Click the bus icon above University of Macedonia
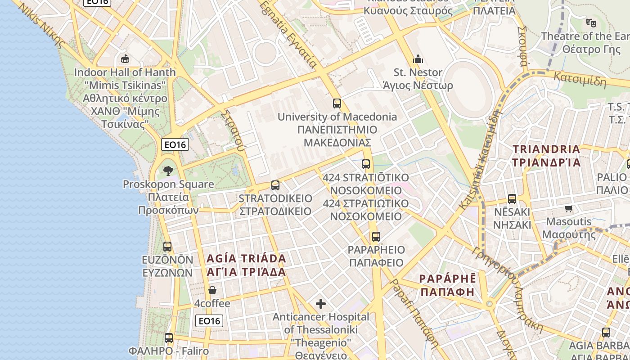[337, 103]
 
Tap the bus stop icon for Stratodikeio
[275, 185]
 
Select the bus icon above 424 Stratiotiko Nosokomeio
[366, 164]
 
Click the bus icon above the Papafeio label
[376, 236]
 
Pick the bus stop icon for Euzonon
[167, 247]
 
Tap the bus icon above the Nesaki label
[512, 198]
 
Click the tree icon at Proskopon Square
[168, 171]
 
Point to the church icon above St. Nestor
[418, 59]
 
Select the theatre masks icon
[591, 22]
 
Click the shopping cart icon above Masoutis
[569, 208]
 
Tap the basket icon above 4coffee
[212, 290]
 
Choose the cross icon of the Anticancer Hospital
[321, 304]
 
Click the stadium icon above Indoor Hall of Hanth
[125, 59]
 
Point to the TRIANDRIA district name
[546, 149]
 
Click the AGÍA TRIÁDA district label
[246, 259]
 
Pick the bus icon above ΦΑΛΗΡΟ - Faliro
[169, 337]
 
